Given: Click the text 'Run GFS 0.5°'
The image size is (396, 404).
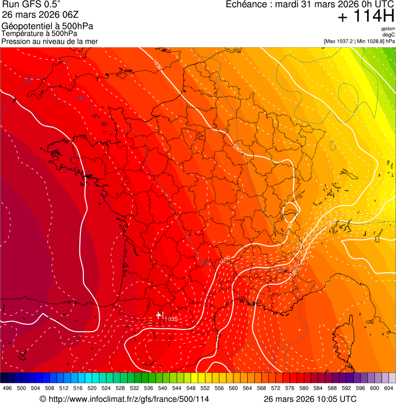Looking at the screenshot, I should click(31, 5).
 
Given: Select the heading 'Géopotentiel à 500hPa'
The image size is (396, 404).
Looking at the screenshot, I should click(47, 26).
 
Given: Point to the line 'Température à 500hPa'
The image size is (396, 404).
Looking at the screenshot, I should click(39, 34).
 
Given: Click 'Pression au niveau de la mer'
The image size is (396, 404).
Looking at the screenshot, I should click(49, 41).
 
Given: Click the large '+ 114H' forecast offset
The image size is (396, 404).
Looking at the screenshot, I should click(366, 17).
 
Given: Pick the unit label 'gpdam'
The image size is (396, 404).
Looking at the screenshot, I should click(388, 29).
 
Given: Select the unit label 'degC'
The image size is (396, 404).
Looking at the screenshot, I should click(389, 35).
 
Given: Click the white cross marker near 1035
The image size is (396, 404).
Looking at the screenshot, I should click(159, 315).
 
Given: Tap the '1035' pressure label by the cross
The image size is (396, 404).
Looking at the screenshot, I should click(170, 319).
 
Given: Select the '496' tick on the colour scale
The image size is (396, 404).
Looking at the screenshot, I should click(7, 389).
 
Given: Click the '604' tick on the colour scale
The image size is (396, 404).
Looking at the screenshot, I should click(389, 389).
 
